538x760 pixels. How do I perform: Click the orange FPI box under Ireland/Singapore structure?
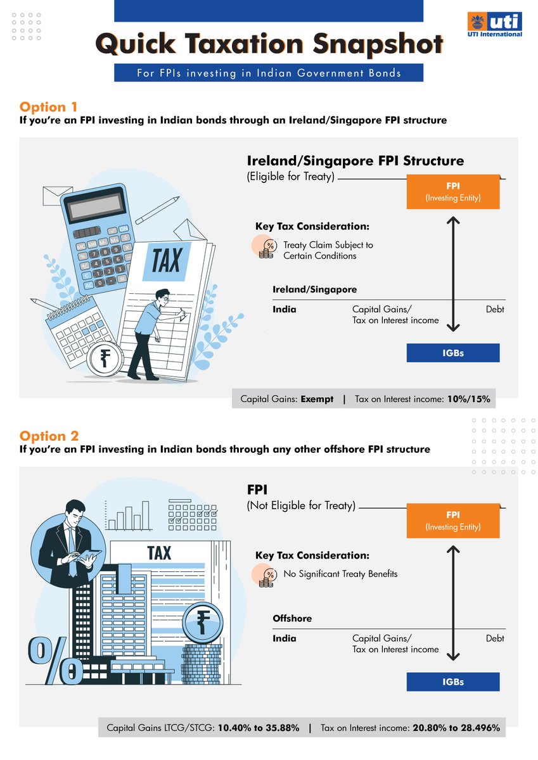click(x=453, y=192)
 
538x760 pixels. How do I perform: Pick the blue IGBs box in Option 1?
click(x=453, y=353)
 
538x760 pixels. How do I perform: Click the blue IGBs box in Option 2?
click(x=453, y=682)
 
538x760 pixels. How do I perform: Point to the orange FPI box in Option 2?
click(x=453, y=521)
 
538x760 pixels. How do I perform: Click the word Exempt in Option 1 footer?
click(x=316, y=400)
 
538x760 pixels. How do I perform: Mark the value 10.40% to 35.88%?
click(x=259, y=728)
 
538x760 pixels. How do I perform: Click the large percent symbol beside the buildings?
click(x=54, y=659)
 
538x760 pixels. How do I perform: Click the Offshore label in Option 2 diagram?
click(x=292, y=618)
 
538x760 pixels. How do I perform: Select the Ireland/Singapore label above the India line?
click(x=314, y=289)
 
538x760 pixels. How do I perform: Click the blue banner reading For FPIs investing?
click(x=269, y=73)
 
